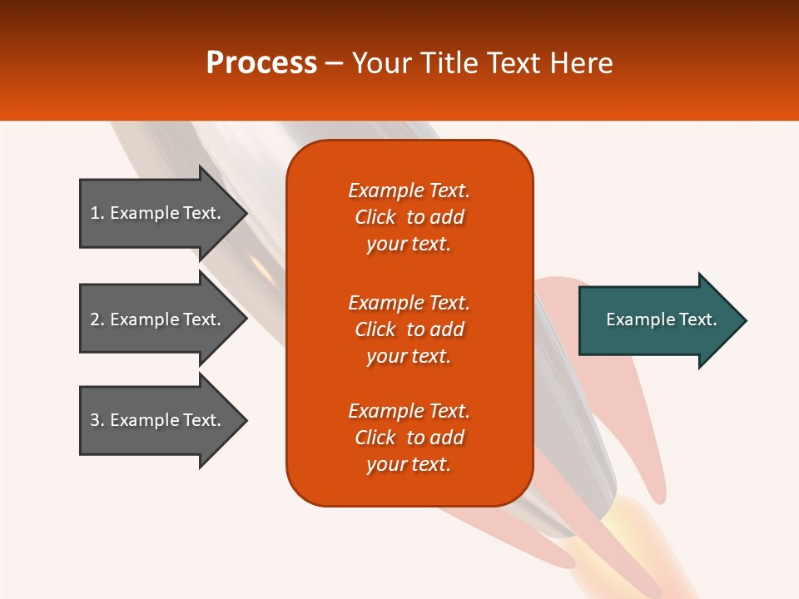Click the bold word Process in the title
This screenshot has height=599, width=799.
click(x=261, y=62)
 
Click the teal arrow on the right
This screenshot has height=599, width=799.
click(x=658, y=320)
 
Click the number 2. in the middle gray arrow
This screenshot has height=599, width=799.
click(x=97, y=319)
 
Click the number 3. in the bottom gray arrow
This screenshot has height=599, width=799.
click(x=97, y=420)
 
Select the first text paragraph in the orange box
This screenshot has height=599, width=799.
click(x=409, y=217)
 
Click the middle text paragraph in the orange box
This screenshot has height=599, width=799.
click(x=409, y=329)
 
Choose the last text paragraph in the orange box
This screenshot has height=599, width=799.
click(x=409, y=438)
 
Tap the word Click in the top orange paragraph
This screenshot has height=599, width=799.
click(x=375, y=217)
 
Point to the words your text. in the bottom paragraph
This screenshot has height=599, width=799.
click(x=409, y=464)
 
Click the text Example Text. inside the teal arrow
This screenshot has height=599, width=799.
click(x=662, y=319)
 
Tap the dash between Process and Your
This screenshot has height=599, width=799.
click(x=334, y=63)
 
